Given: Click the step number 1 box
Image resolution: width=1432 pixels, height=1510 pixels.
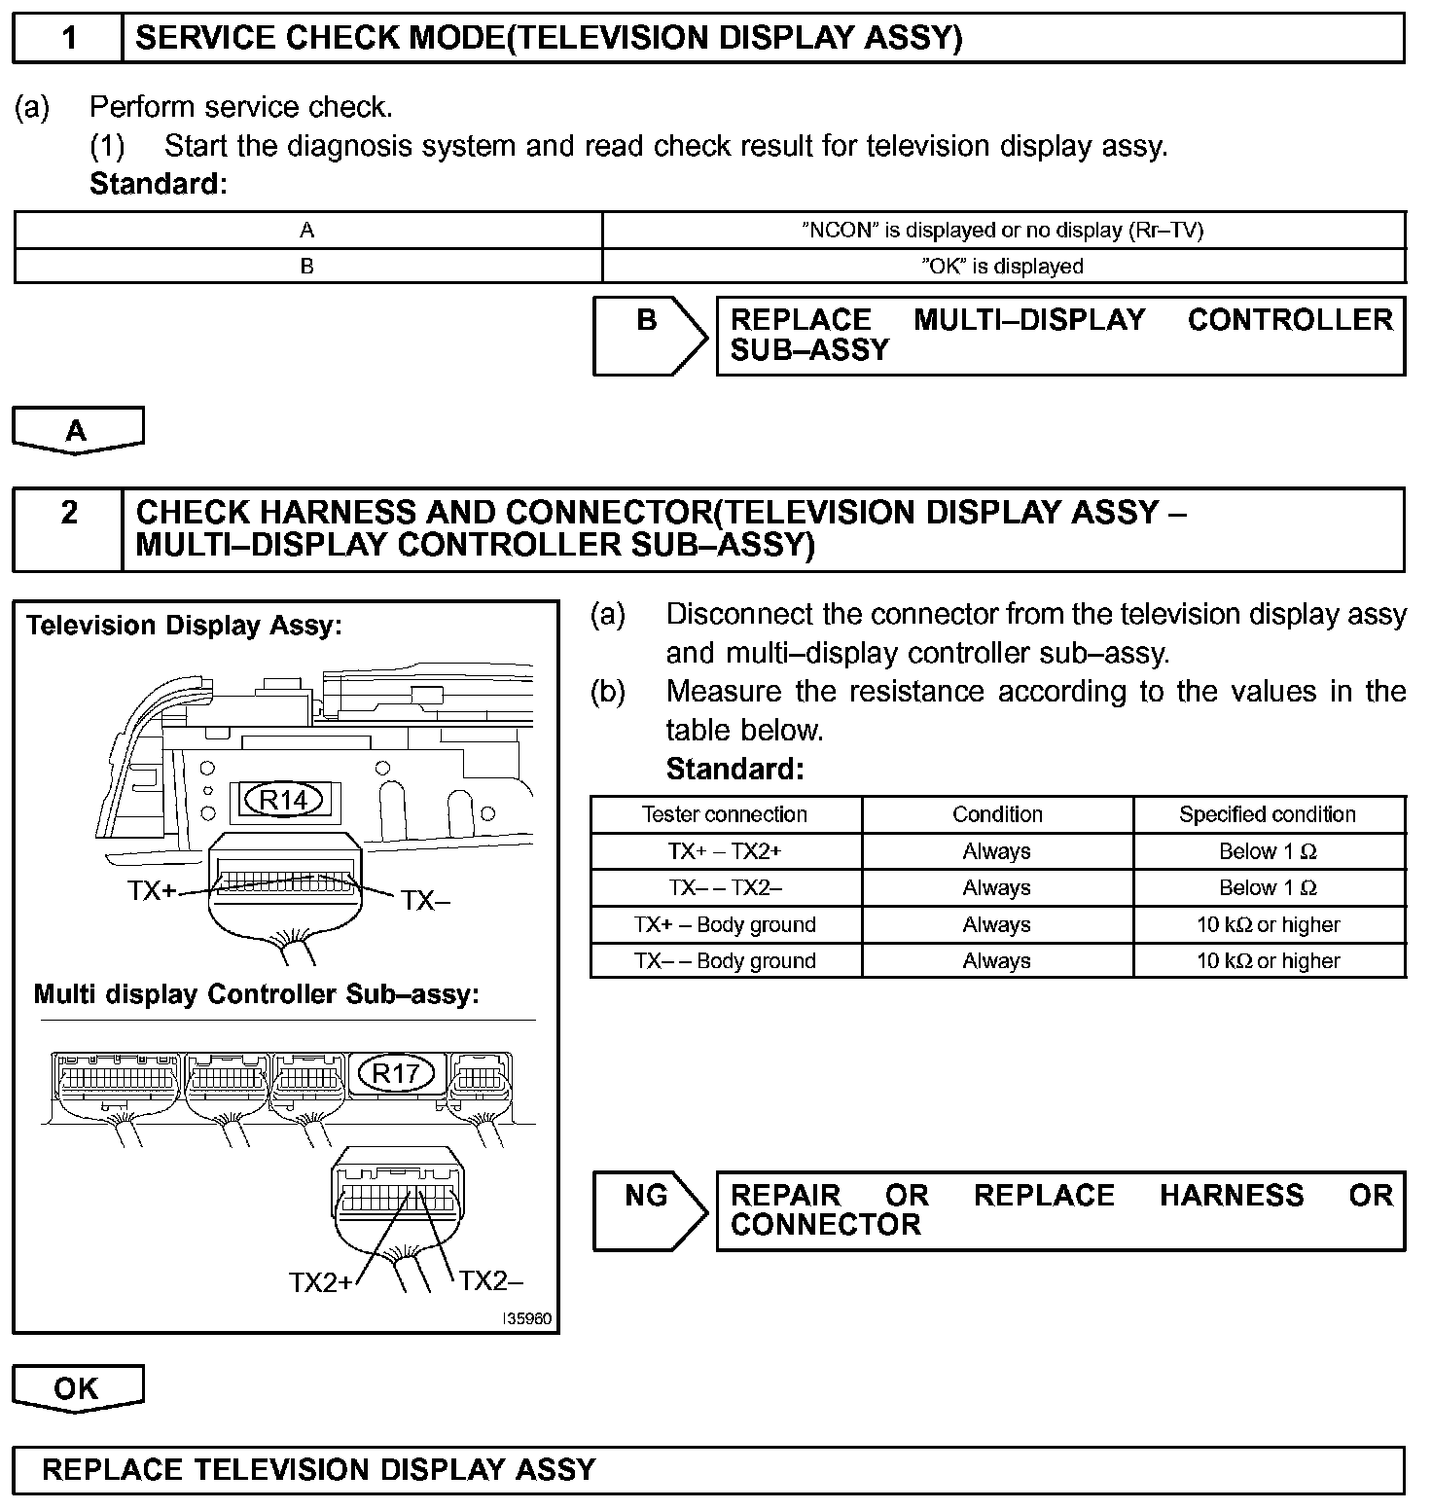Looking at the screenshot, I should click(68, 38).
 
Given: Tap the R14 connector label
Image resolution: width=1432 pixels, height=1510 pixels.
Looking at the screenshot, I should click(283, 800).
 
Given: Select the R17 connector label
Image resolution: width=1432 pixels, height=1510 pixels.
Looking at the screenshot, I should click(395, 1073).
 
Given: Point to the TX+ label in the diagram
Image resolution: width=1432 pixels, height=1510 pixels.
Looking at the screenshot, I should click(151, 890).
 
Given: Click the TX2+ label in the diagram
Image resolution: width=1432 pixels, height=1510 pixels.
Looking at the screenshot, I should click(320, 1283).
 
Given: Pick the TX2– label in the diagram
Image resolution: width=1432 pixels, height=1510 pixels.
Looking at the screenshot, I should click(491, 1281).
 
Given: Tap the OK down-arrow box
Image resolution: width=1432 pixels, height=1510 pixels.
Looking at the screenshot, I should click(77, 1388).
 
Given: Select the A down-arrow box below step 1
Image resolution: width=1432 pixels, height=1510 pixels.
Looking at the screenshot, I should click(77, 430).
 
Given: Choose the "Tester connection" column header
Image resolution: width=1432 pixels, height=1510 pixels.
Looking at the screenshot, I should click(725, 814).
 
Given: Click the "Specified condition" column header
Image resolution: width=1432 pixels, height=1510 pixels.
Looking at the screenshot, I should click(1268, 814).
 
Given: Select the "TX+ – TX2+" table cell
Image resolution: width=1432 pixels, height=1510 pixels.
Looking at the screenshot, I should click(725, 851).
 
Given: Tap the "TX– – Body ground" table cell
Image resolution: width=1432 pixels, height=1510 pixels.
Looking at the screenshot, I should click(725, 961).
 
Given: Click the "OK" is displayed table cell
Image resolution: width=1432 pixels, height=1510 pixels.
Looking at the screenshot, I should click(1002, 267).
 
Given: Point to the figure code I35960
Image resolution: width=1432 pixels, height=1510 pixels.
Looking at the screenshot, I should click(527, 1320).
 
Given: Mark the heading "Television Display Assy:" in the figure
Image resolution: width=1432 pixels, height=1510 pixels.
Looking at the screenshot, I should click(185, 626).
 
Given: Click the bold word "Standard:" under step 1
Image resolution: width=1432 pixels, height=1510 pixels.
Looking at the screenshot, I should click(158, 184).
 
